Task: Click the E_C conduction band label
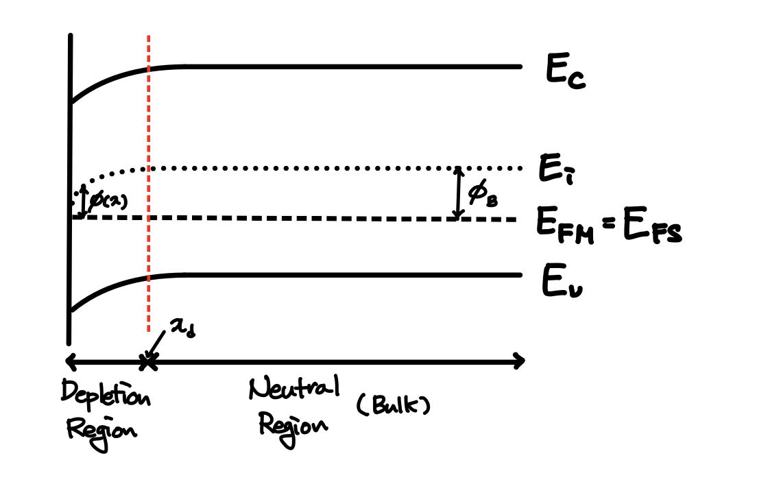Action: point(566,73)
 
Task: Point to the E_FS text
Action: point(652,231)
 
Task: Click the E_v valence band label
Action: point(561,282)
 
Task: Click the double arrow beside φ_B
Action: point(457,193)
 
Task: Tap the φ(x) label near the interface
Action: point(108,200)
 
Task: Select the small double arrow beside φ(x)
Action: point(84,201)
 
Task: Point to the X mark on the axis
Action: point(146,361)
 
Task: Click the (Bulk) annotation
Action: point(394,407)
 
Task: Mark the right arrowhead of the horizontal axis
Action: point(519,361)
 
